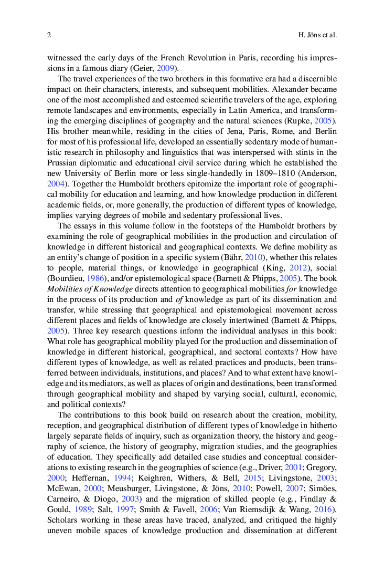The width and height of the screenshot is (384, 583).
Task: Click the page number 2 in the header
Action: [49, 35]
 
